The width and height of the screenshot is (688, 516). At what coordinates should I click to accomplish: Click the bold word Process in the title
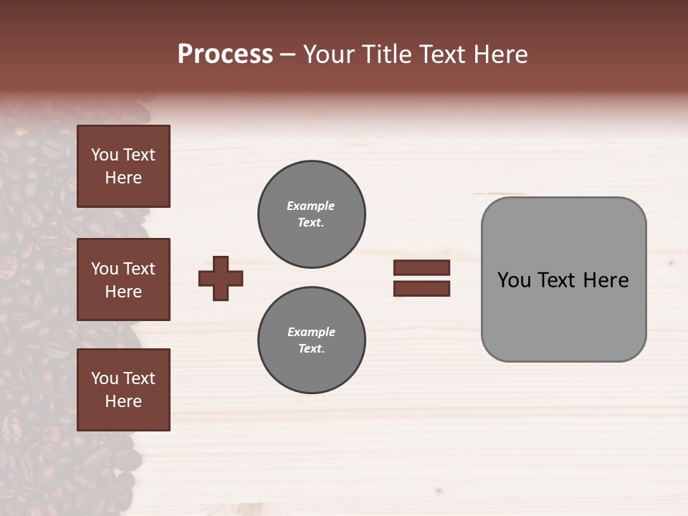tap(225, 54)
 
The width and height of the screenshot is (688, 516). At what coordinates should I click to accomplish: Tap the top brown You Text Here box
tap(123, 166)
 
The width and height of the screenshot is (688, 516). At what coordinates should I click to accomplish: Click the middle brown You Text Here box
tap(123, 279)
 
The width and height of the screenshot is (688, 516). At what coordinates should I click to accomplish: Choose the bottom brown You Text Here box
tap(123, 390)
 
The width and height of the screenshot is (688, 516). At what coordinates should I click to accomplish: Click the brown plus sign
tap(221, 278)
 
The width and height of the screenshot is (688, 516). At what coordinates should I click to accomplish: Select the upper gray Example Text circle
tap(311, 214)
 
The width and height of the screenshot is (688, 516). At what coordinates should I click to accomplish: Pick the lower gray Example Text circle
tap(311, 340)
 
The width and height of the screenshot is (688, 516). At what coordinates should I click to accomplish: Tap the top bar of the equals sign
tap(421, 268)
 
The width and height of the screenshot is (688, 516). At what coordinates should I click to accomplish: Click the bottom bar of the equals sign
tap(421, 289)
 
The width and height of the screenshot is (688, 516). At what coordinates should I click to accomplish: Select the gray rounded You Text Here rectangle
tap(563, 279)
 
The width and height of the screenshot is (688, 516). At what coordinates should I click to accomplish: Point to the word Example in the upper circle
tap(310, 206)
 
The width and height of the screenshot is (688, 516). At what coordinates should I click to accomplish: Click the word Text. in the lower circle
tap(311, 349)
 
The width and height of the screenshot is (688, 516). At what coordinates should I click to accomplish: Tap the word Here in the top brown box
tap(123, 178)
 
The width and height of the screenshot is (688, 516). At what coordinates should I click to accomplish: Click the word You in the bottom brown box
tap(105, 378)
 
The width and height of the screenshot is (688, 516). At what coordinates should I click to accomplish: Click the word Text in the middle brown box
tap(138, 269)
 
